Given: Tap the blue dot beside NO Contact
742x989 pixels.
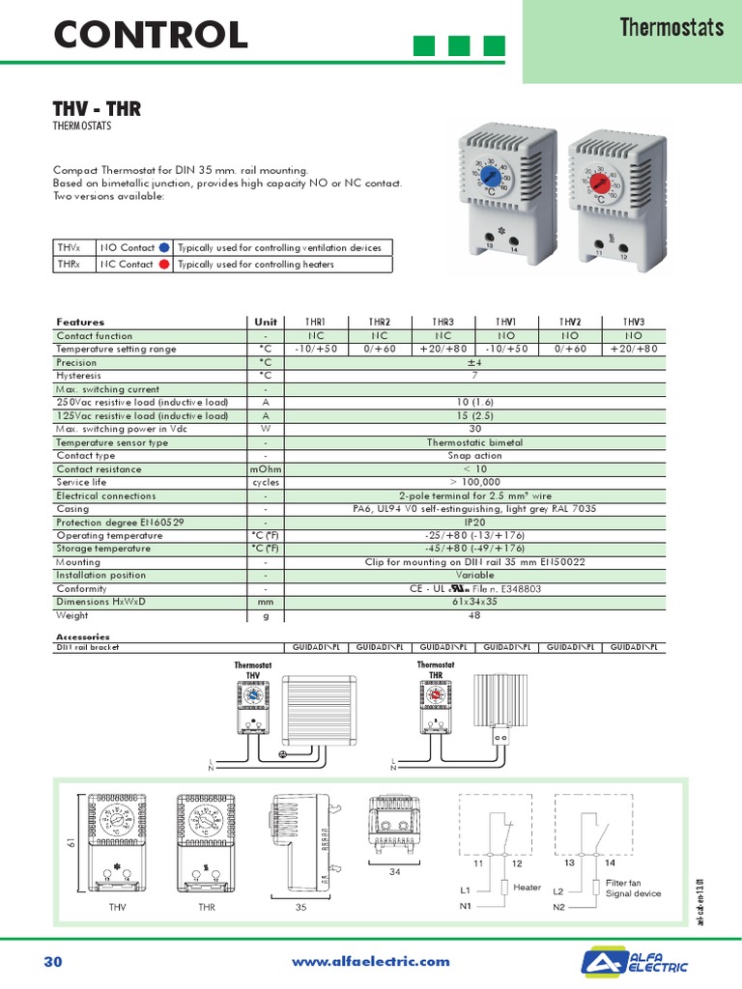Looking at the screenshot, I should (x=163, y=247).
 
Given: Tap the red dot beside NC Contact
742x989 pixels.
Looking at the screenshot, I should (x=163, y=264).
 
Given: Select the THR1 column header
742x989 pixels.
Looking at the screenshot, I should (x=316, y=322).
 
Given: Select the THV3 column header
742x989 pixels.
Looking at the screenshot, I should (x=634, y=322).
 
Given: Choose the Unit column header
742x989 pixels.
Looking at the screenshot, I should (x=266, y=322).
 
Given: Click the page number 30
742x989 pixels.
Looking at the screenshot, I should (x=53, y=961).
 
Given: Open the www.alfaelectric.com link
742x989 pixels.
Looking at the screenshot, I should (x=371, y=961).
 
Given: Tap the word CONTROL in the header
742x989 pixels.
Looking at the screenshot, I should (x=151, y=36).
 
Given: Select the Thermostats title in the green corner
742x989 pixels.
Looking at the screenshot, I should (x=671, y=27).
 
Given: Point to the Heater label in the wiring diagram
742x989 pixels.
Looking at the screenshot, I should (x=528, y=887).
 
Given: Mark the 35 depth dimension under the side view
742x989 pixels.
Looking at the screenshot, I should (x=300, y=908).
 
